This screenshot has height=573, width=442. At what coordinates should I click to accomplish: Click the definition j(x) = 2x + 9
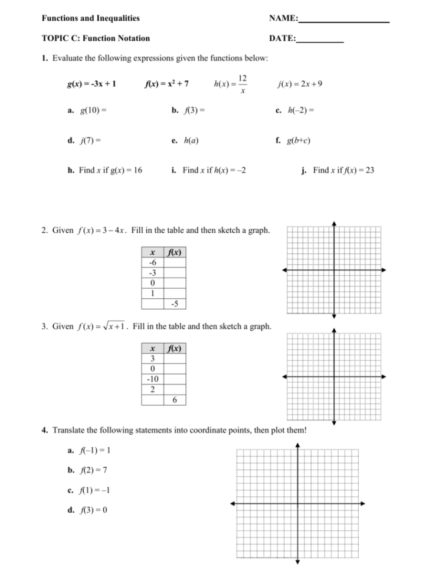[300, 83]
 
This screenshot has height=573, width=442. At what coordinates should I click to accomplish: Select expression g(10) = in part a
[93, 110]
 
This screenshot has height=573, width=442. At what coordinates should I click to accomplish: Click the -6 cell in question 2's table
[152, 263]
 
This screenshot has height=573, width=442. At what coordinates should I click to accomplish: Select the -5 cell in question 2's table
[175, 304]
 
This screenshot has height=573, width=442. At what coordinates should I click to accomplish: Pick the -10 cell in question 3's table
[152, 379]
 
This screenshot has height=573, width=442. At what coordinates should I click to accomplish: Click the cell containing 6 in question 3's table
[175, 400]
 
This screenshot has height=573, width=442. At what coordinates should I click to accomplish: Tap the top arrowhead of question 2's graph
[334, 223]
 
